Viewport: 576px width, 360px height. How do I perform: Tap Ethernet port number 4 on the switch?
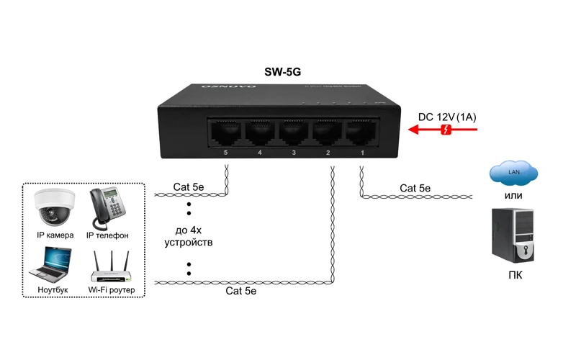click(260, 133)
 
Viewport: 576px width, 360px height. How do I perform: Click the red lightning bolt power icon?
click(446, 130)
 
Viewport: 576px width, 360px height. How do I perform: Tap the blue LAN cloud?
click(513, 174)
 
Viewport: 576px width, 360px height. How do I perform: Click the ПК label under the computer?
click(515, 275)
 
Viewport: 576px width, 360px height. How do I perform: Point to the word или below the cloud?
click(513, 195)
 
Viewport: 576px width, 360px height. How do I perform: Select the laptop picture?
click(50, 264)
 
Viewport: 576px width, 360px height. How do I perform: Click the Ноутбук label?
click(53, 290)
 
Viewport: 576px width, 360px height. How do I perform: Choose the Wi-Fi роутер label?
click(112, 290)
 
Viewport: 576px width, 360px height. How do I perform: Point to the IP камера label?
click(55, 235)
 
